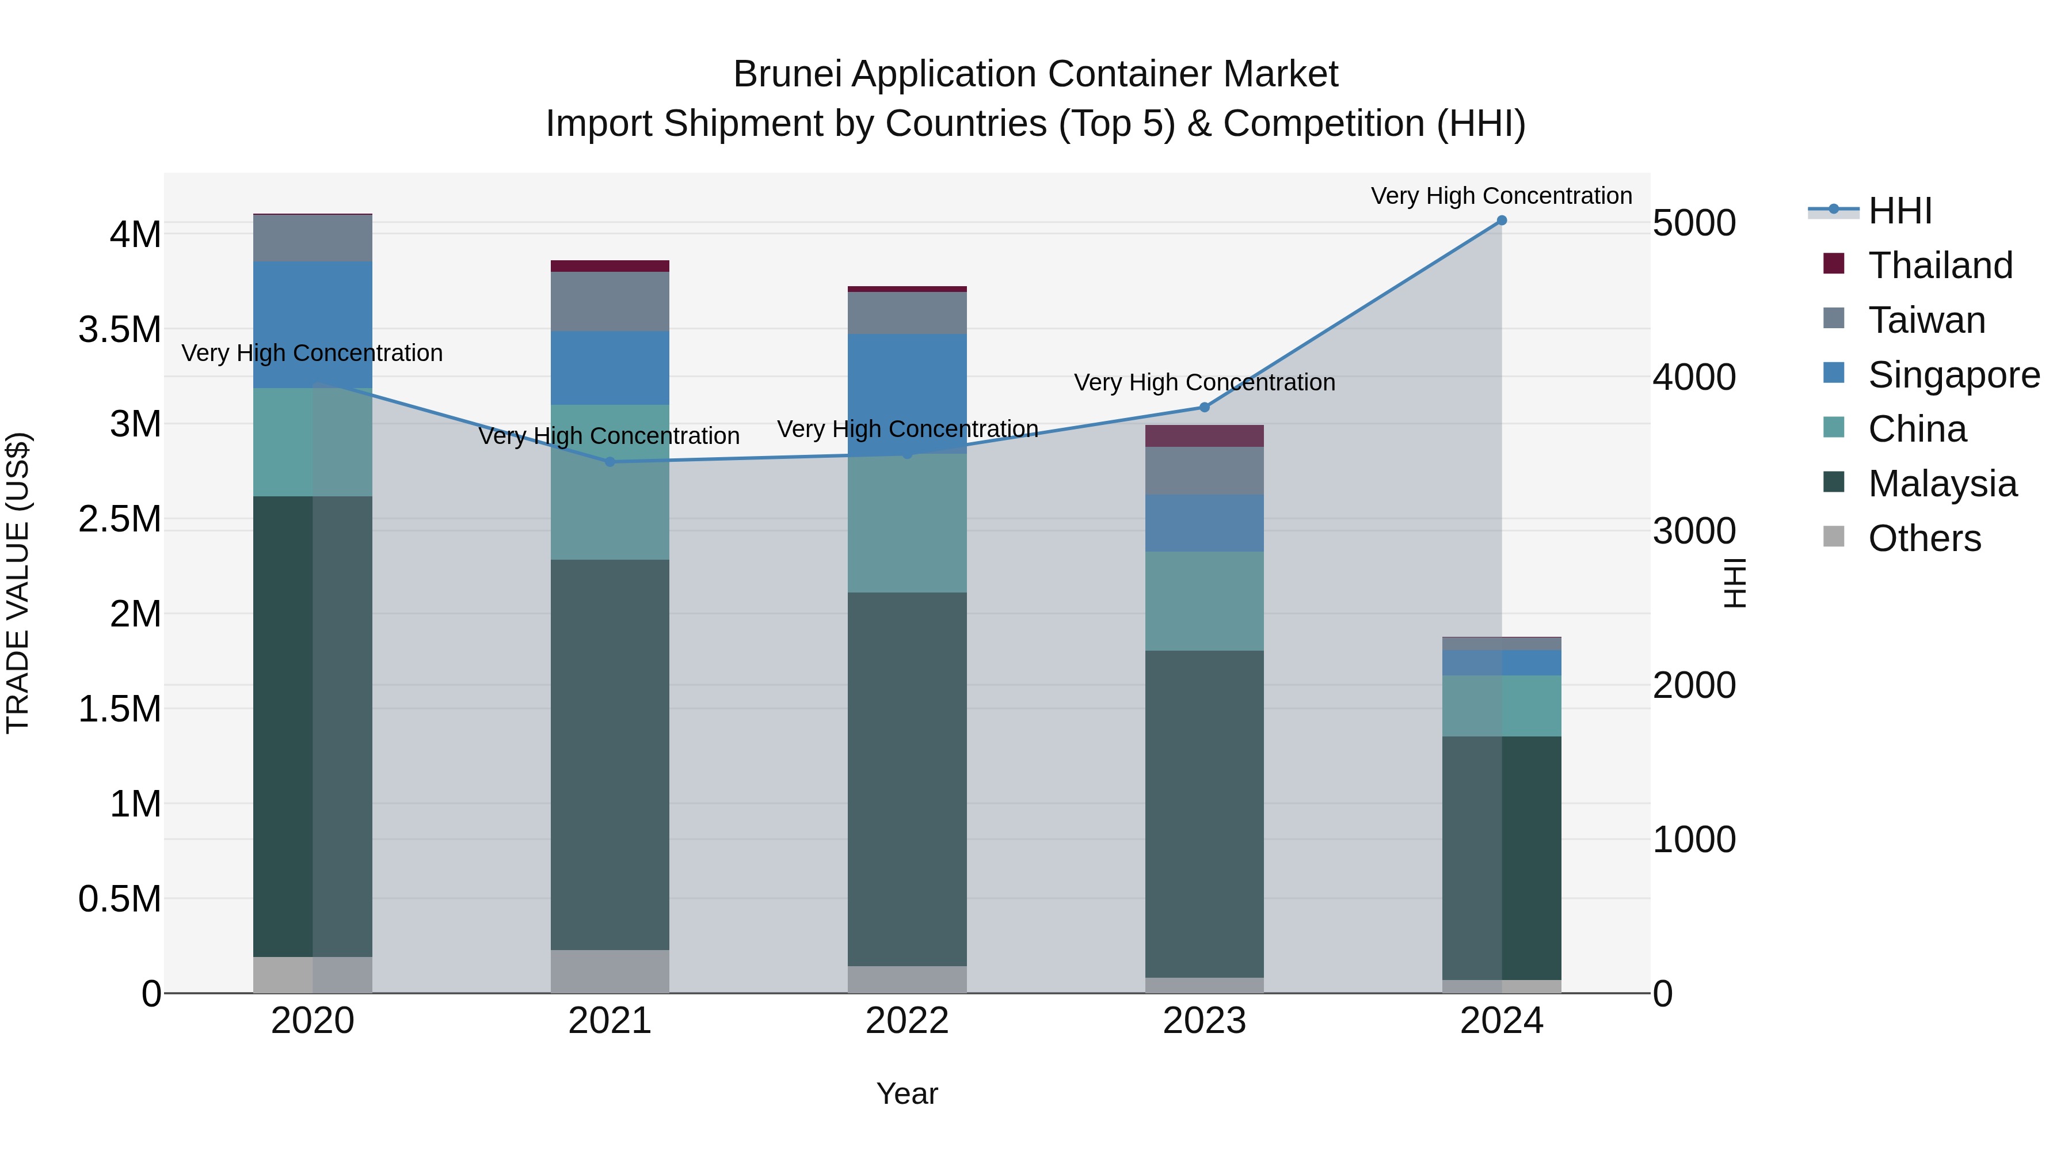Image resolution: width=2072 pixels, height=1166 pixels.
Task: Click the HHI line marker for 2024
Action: (x=1501, y=221)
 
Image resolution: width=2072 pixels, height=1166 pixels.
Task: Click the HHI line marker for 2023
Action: (x=1204, y=407)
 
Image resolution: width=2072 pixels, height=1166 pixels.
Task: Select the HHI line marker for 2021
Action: (x=610, y=462)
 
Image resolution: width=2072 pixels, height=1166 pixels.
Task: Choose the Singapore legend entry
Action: (x=1953, y=375)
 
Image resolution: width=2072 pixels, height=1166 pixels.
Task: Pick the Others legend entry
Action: (x=1924, y=538)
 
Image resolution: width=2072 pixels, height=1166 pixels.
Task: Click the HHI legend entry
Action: (x=1899, y=211)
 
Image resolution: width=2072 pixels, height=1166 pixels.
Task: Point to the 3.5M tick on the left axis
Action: (x=119, y=330)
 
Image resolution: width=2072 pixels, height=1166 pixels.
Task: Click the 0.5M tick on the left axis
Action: (x=119, y=899)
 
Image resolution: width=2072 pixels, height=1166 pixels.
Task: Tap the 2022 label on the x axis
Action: (x=907, y=1021)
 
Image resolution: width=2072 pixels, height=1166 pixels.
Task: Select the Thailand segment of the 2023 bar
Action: (x=1204, y=436)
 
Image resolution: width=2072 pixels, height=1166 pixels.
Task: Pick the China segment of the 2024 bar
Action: (x=1501, y=706)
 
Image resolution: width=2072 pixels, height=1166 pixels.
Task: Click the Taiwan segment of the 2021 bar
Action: (x=610, y=302)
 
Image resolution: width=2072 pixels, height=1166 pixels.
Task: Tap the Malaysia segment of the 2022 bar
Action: (x=907, y=779)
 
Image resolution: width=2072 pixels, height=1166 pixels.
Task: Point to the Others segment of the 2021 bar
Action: (x=610, y=971)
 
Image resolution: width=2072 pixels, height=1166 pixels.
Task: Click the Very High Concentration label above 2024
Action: (x=1501, y=196)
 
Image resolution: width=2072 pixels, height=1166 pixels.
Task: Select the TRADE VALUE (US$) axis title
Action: (x=18, y=583)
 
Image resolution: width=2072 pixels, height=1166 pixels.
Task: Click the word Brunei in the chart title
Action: (x=787, y=75)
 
